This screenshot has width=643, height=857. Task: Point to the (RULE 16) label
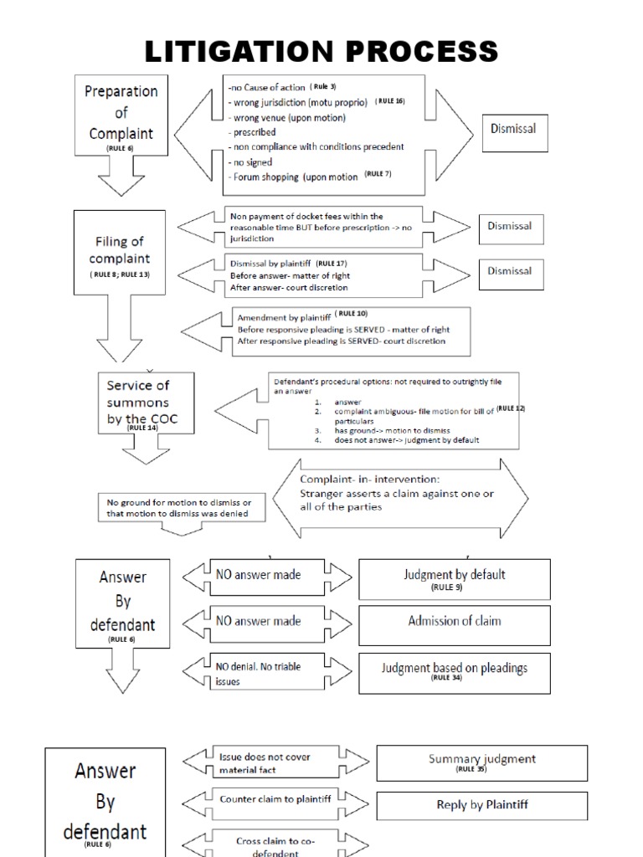(x=389, y=100)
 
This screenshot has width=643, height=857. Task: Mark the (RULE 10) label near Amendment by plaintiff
(x=352, y=313)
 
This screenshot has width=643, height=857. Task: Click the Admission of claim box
(x=455, y=621)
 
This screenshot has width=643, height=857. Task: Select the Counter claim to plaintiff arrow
(x=275, y=799)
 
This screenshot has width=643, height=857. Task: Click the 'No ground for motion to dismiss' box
(x=182, y=507)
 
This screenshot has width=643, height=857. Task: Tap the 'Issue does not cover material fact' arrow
(x=275, y=762)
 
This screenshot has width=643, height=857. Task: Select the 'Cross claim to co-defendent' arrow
(x=275, y=844)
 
